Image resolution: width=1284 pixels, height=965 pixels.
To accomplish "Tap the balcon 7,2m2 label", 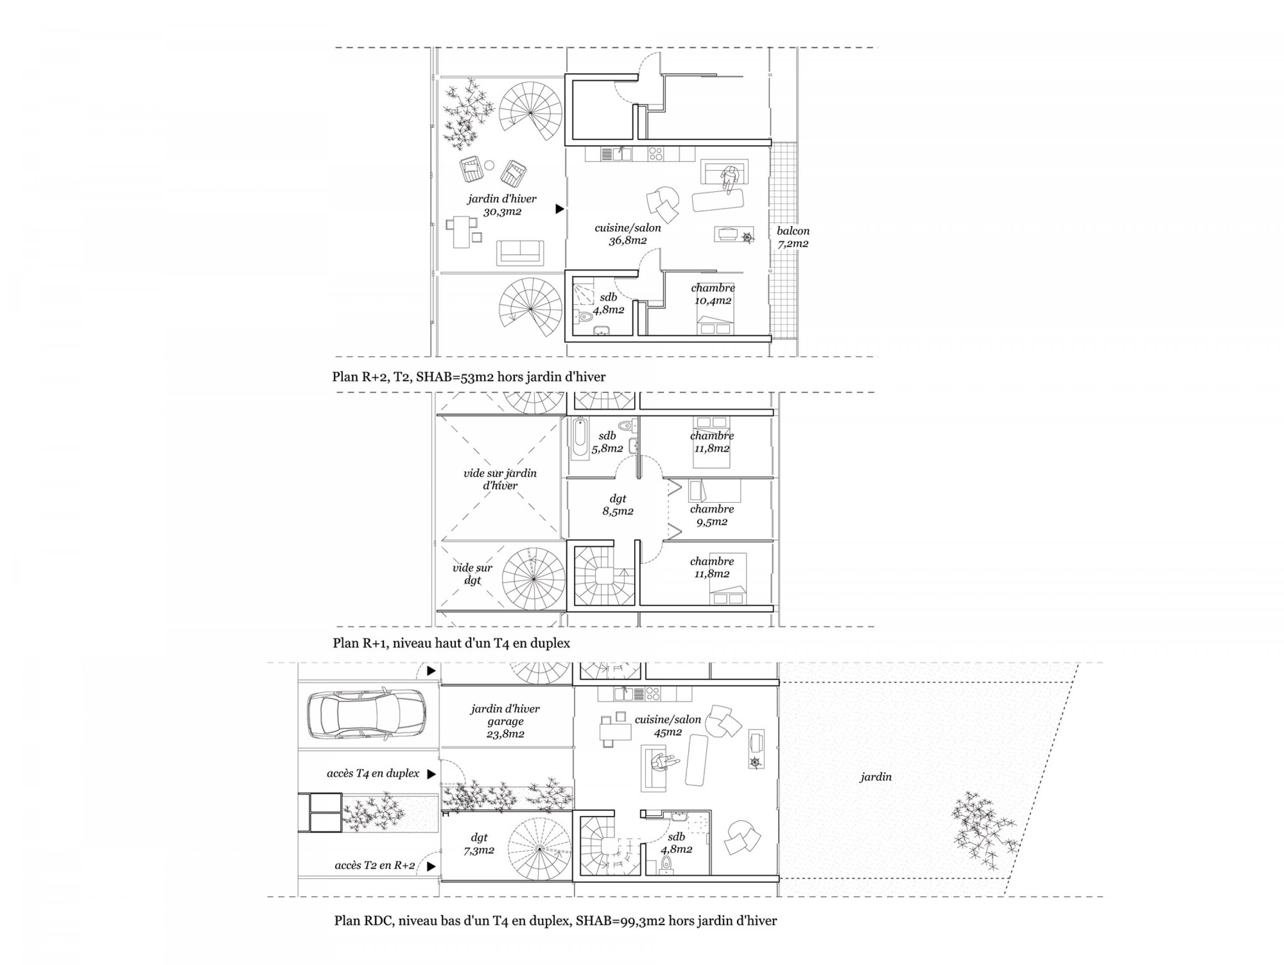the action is (793, 237).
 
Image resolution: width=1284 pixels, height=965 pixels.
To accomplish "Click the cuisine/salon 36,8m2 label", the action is (627, 234).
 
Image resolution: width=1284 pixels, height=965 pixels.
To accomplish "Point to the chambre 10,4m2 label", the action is (713, 294).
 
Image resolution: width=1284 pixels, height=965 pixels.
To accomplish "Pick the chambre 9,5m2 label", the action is (712, 515).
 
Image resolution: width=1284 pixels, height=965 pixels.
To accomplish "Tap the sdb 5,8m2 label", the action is (607, 442).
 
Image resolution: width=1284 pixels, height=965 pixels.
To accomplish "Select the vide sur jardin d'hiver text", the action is (500, 479).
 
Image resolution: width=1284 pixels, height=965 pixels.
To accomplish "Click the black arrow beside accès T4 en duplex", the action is (431, 774).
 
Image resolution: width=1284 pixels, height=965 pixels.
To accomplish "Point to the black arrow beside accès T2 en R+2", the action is (431, 866).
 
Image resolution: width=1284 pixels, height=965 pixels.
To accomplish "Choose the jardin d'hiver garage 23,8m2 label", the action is (505, 721).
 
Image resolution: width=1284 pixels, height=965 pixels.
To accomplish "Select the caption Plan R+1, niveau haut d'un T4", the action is (451, 643).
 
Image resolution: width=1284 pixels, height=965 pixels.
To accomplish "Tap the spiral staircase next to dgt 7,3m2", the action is (539, 849).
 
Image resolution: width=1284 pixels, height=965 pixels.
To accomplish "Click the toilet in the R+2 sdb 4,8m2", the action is (583, 316).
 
